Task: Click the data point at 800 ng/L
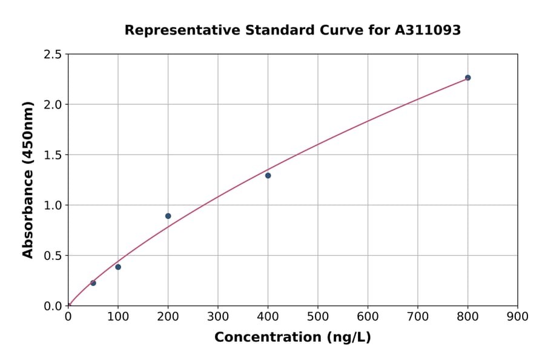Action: [467, 78]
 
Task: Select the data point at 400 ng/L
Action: [268, 176]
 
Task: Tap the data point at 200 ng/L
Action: [168, 216]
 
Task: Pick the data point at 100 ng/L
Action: [118, 267]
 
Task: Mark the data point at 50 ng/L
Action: [93, 283]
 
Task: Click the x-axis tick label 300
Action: [218, 316]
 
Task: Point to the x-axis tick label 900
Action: [518, 316]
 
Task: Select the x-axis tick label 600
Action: [368, 316]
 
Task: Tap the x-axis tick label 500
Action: [318, 316]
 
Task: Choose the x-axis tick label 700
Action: [418, 316]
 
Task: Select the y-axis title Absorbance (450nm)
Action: [28, 179]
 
